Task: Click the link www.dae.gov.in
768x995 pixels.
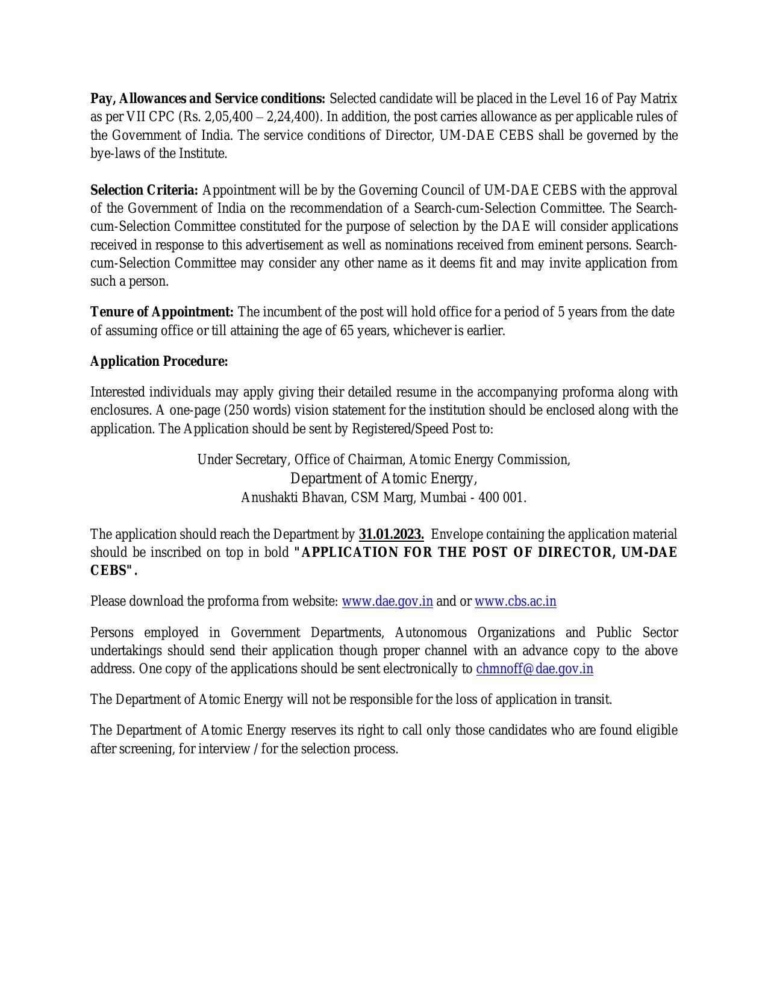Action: point(387,601)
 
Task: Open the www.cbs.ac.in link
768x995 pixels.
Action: point(515,601)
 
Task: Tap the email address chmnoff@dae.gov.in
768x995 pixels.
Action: point(534,669)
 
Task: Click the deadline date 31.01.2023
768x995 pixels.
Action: point(391,535)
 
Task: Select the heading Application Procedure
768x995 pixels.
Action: point(159,362)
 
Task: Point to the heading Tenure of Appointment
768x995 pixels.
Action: point(162,312)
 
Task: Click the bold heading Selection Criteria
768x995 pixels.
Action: point(144,190)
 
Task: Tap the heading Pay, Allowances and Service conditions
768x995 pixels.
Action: point(207,99)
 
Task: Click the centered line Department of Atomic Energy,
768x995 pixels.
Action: point(383,479)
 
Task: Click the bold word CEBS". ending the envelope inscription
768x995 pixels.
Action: point(114,571)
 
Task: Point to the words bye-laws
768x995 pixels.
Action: point(115,154)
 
